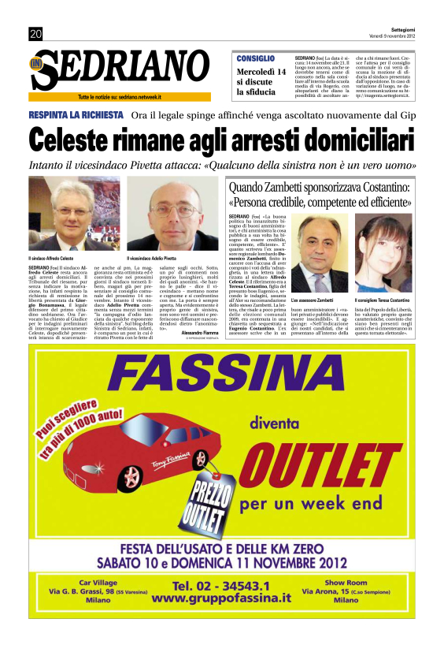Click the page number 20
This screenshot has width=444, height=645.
(x=35, y=34)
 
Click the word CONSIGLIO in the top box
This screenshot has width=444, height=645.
(x=256, y=58)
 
